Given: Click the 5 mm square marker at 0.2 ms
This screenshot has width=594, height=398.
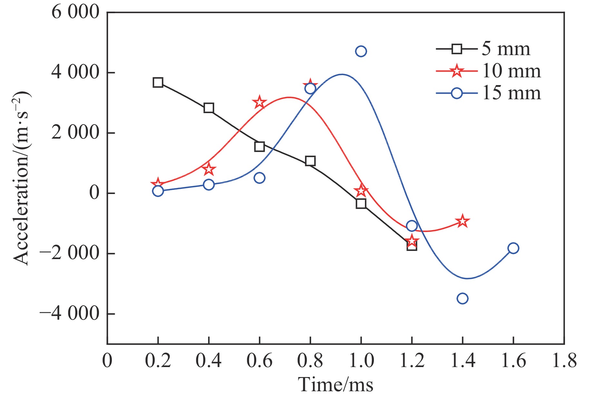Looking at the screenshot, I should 158,83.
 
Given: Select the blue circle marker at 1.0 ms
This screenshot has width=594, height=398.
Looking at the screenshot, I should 361,51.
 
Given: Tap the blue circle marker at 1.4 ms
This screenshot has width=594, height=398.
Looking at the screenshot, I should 463,298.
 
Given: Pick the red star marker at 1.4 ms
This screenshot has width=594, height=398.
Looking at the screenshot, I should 463,221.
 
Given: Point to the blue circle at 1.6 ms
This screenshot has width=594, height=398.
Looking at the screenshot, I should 513,248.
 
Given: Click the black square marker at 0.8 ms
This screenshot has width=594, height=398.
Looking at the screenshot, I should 310,161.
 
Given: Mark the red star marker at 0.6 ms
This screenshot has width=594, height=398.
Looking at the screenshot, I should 259,103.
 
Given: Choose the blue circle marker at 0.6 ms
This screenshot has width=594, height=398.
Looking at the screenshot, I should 259,178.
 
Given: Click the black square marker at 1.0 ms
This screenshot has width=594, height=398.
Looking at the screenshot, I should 361,204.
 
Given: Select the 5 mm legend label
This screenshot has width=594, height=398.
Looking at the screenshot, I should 506,49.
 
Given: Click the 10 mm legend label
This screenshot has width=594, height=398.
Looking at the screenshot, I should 511,71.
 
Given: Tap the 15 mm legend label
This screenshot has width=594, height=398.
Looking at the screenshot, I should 511,93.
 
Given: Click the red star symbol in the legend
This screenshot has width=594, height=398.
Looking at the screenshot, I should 457,71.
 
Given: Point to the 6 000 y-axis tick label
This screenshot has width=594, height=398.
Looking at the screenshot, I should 75,13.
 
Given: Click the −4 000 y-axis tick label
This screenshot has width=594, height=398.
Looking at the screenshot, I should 69,314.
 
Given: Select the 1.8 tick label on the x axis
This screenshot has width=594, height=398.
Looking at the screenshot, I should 564,360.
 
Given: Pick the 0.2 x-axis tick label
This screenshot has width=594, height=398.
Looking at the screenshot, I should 158,360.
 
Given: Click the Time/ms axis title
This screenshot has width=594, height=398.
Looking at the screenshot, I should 336,384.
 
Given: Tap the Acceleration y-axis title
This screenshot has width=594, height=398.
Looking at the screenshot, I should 22,178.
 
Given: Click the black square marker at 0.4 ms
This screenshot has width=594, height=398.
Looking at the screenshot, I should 209,108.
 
